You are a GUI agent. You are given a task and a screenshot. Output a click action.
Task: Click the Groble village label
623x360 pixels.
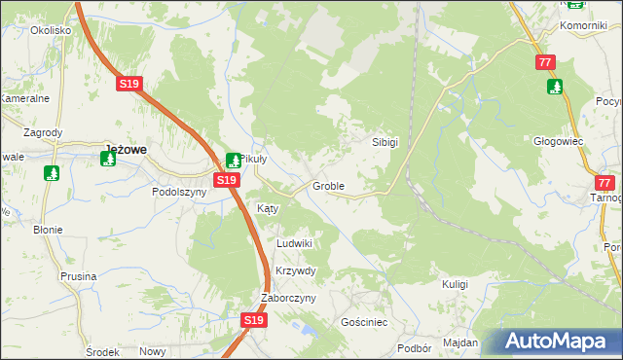[x=328, y=185]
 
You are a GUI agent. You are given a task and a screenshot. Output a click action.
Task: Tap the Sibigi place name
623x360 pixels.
[x=385, y=141]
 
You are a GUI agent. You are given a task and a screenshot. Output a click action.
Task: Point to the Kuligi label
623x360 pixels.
[x=455, y=284]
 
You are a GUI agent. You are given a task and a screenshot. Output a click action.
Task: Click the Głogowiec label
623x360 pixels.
[x=559, y=140]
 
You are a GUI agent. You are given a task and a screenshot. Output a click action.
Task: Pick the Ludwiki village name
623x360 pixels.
[x=294, y=243]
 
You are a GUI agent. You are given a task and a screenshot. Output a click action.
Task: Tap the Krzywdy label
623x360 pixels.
[x=296, y=270]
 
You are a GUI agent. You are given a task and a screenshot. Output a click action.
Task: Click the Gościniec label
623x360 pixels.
[x=365, y=321]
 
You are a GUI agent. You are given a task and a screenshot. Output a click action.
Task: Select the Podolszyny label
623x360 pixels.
[x=179, y=192]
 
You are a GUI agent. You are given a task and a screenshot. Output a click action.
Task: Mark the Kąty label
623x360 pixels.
[x=268, y=208]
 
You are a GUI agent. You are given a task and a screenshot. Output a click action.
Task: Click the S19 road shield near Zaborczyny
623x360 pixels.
[x=253, y=319]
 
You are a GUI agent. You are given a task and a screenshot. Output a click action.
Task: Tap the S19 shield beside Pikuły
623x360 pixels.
[x=226, y=181]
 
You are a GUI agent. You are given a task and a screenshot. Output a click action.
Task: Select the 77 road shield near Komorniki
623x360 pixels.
[x=545, y=62]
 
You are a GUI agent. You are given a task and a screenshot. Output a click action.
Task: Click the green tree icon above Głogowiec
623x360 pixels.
[x=555, y=87]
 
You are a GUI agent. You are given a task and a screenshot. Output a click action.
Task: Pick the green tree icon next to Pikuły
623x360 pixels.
[x=234, y=160]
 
